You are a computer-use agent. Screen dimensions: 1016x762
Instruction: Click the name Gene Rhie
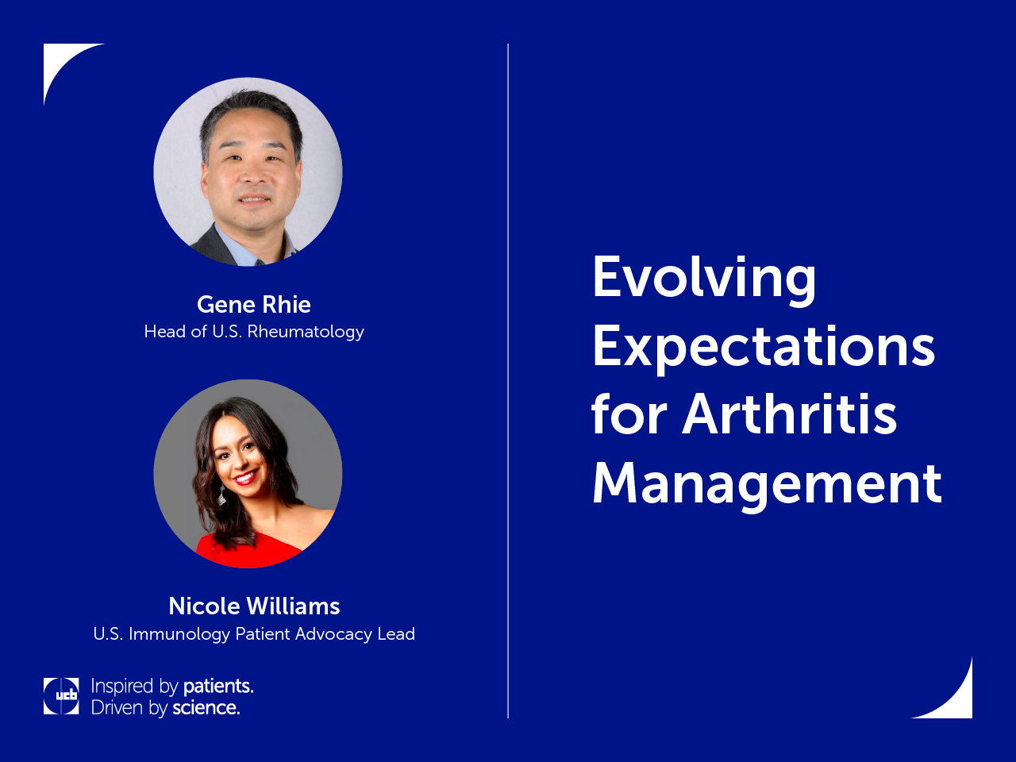point(254,305)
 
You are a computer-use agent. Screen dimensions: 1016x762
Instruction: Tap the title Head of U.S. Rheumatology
point(254,332)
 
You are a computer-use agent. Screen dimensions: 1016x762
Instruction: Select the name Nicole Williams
point(254,606)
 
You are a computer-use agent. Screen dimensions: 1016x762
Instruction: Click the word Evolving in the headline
point(704,279)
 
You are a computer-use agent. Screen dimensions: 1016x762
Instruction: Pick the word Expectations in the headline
point(764,348)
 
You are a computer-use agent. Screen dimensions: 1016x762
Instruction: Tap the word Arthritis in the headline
point(790,414)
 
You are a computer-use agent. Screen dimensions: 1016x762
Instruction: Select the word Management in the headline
point(767,485)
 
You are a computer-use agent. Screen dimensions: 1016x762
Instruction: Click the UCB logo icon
point(61,696)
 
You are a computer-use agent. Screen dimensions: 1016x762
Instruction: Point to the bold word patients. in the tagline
point(218,686)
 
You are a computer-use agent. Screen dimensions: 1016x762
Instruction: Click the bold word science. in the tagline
point(206,708)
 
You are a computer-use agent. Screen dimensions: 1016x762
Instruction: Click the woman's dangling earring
point(221,496)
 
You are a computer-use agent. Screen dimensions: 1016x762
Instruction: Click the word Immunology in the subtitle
point(179,634)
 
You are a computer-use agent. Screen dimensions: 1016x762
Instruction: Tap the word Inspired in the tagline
point(121,687)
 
